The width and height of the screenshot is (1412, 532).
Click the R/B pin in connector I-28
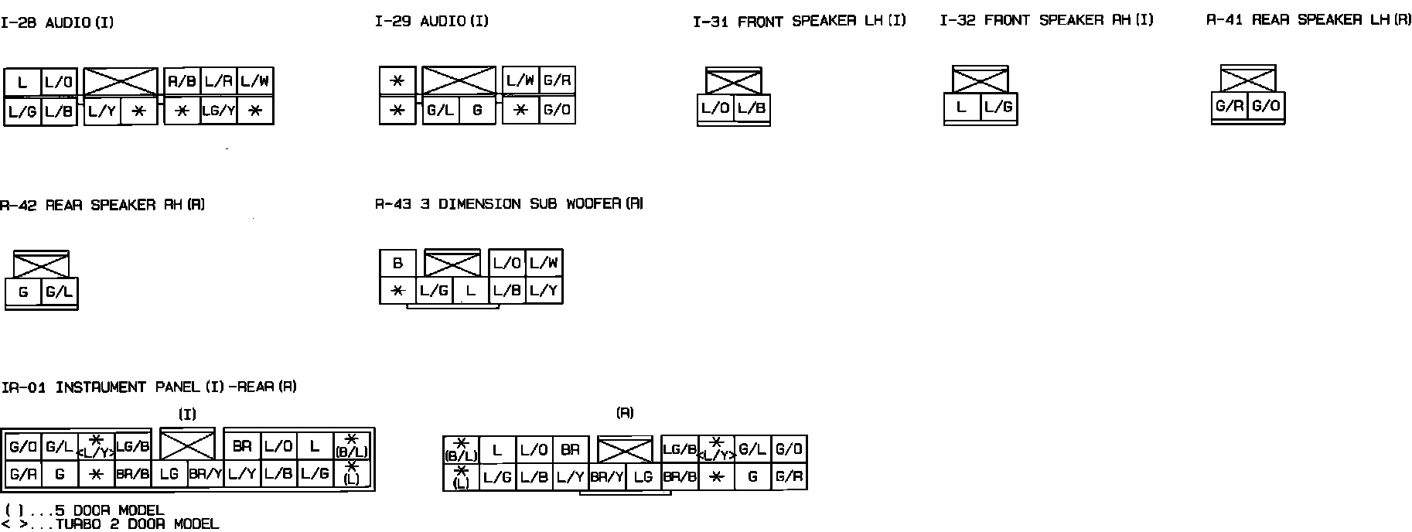(x=182, y=81)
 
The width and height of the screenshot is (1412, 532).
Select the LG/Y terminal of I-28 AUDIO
(x=219, y=111)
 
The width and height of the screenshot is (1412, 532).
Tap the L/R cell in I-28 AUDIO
(x=219, y=81)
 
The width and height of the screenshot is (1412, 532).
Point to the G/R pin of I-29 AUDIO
(x=557, y=80)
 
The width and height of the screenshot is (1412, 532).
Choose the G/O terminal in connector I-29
(x=557, y=110)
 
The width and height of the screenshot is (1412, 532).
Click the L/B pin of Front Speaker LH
(x=752, y=109)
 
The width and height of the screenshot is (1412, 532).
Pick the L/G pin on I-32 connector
(x=998, y=107)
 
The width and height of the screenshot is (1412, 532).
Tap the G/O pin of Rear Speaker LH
(x=1266, y=107)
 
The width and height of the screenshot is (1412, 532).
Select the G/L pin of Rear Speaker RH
(x=59, y=292)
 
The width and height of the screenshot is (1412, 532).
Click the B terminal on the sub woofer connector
(x=397, y=263)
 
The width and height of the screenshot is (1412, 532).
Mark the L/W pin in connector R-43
(x=544, y=263)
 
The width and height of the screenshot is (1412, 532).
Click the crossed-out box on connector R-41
(x=1248, y=79)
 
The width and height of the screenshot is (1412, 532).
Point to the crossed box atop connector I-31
(x=734, y=81)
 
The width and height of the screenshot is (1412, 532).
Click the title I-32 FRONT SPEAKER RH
(x=1046, y=21)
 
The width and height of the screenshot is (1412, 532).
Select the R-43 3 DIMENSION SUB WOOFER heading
(x=509, y=204)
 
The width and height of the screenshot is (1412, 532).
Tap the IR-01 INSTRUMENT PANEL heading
(x=149, y=387)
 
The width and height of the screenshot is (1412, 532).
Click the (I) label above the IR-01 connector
(x=188, y=414)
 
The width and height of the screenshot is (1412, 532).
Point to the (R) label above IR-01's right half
(x=625, y=413)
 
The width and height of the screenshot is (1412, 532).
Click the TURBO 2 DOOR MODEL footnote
(x=111, y=524)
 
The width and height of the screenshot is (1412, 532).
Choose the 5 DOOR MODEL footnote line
(x=84, y=511)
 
